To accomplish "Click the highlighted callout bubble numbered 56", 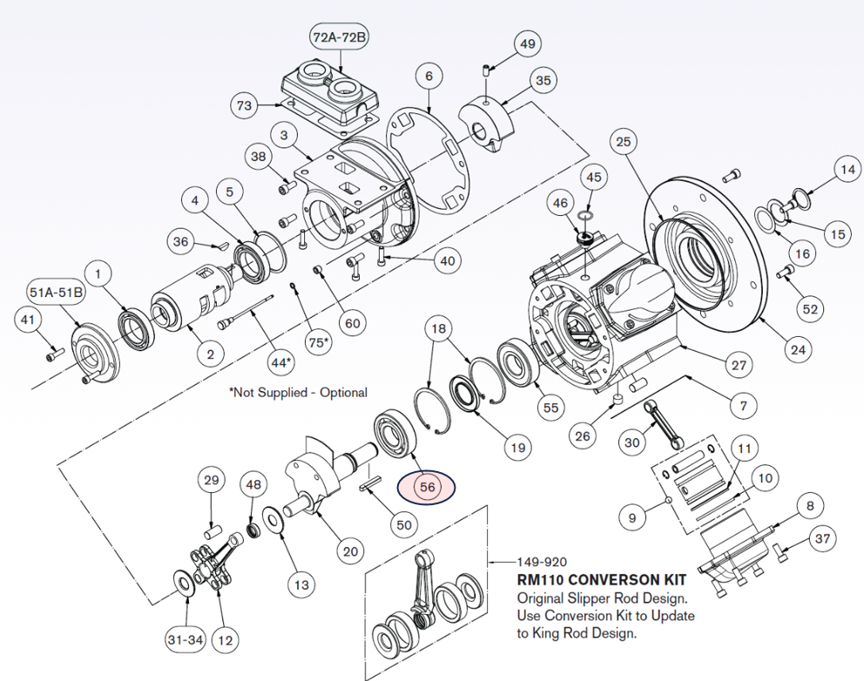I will pos(427,488).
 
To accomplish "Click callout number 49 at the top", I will pos(528,43).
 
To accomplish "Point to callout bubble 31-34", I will pos(185,640).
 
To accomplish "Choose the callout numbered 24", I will pos(798,350).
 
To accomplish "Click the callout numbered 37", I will pos(822,540).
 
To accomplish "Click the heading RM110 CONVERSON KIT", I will pos(601,579).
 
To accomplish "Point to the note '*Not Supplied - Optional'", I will pos(298,393).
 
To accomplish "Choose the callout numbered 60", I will pos(352,323).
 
